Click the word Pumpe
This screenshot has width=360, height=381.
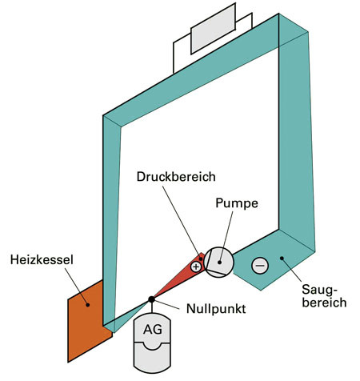pyautogui.click(x=236, y=204)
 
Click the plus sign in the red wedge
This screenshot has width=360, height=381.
pyautogui.click(x=196, y=266)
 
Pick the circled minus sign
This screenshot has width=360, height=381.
pyautogui.click(x=259, y=265)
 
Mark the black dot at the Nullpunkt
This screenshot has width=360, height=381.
pyautogui.click(x=151, y=300)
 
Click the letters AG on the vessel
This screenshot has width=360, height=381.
pyautogui.click(x=151, y=329)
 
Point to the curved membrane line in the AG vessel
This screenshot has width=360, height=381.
pyautogui.click(x=151, y=346)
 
